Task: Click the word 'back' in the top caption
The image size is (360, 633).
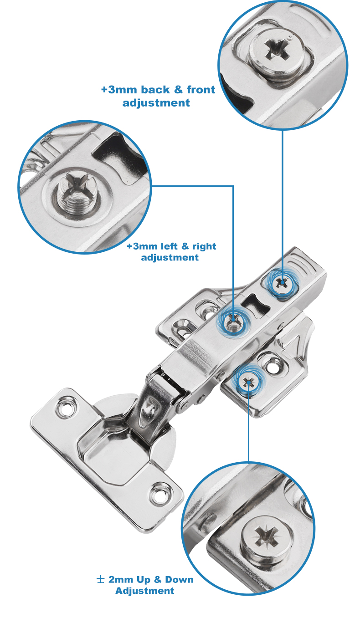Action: coord(155,90)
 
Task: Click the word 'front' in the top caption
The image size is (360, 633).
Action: coord(201,90)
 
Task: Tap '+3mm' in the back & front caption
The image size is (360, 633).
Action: coord(119,90)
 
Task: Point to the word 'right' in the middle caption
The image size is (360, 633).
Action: coord(204,246)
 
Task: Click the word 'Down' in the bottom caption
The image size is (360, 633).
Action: coord(179,580)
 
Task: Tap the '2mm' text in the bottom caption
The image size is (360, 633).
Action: coord(121,580)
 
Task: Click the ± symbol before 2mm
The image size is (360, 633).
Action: coord(100,580)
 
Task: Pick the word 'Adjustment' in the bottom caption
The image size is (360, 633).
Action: coord(145,591)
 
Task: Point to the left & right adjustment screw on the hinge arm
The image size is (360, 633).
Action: coord(233,322)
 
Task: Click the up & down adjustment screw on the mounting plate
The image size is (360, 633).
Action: coord(248,383)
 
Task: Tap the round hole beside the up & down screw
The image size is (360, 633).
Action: coord(273,367)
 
